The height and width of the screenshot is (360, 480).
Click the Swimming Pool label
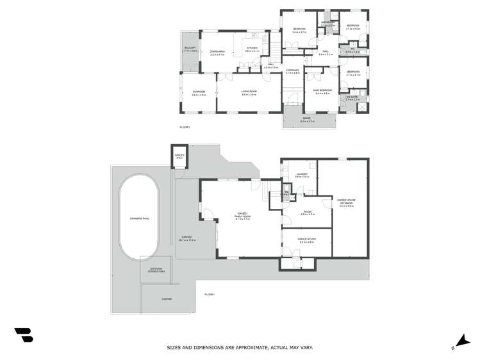(140, 219)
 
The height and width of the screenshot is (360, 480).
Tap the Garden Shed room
(179, 157)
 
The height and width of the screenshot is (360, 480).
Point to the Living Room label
(249, 92)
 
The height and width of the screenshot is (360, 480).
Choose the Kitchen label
(251, 48)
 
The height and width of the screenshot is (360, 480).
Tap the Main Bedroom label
(322, 92)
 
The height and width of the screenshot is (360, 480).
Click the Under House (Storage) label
(347, 202)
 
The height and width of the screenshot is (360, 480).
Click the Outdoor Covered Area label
(156, 269)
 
